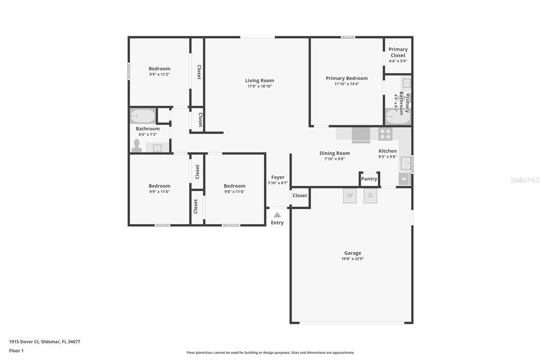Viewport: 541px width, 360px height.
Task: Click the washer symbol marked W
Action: pyautogui.click(x=350, y=195)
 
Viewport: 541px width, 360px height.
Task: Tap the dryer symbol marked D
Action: pyautogui.click(x=370, y=195)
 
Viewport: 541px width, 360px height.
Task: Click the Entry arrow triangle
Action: pyautogui.click(x=277, y=215)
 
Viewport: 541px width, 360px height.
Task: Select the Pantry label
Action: pyautogui.click(x=369, y=179)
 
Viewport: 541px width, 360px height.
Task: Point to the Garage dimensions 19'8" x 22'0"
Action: pyautogui.click(x=352, y=259)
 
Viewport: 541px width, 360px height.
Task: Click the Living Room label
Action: pyautogui.click(x=259, y=81)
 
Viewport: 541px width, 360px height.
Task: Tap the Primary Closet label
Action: pyautogui.click(x=398, y=52)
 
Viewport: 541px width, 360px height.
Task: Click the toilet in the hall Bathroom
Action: pyautogui.click(x=137, y=146)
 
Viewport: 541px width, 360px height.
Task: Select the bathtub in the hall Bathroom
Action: pyautogui.click(x=143, y=116)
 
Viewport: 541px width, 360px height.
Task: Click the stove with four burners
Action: pyautogui.click(x=385, y=134)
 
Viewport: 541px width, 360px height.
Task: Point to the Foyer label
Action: pyautogui.click(x=278, y=177)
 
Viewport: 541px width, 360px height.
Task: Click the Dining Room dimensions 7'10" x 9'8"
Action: pyautogui.click(x=334, y=159)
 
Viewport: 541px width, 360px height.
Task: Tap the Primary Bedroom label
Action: pyautogui.click(x=347, y=78)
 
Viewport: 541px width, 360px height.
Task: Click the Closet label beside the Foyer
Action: pyautogui.click(x=300, y=195)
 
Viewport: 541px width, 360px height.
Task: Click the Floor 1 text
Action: pyautogui.click(x=16, y=350)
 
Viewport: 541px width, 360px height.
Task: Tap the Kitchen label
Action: pyautogui.click(x=387, y=151)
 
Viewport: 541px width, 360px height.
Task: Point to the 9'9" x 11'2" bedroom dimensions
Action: pyautogui.click(x=159, y=74)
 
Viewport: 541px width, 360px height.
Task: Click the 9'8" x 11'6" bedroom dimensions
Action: pyautogui.click(x=234, y=192)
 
